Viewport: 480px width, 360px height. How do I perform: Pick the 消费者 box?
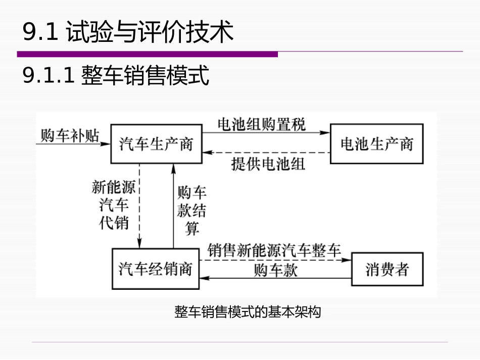pos(387,269)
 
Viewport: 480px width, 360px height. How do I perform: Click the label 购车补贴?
pos(70,135)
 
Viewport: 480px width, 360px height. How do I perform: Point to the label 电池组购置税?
pos(261,125)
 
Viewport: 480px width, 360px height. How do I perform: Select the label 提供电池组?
pos(268,164)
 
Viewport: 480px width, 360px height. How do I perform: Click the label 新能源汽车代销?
pos(114,204)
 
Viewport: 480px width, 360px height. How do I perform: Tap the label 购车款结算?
pos(192,210)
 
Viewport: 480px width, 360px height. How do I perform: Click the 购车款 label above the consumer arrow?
pos(275,270)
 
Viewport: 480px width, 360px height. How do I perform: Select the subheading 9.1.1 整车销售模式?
pos(116,76)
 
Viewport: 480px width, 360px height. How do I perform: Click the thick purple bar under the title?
pos(147,54)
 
